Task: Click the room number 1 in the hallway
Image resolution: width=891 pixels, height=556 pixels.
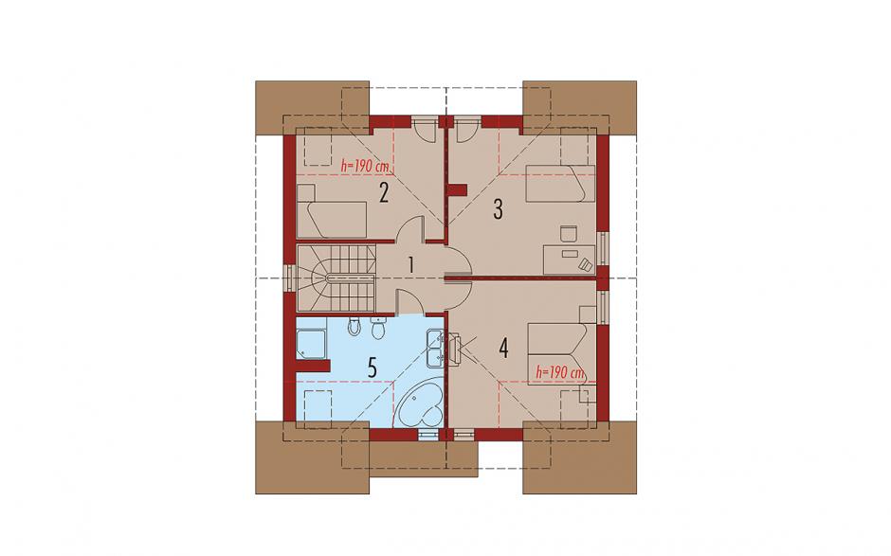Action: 410,265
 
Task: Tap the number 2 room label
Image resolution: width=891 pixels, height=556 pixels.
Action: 384,193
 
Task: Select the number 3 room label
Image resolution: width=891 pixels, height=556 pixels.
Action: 498,209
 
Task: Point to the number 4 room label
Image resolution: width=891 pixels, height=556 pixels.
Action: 503,348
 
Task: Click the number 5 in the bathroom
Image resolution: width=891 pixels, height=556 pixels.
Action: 373,368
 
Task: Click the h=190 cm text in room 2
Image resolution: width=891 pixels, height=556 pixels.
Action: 365,167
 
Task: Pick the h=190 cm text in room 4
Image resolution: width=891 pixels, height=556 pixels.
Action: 560,373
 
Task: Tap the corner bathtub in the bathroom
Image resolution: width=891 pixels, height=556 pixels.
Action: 419,405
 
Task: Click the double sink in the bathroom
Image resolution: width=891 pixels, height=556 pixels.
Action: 436,347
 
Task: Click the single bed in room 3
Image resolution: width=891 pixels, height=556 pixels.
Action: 560,184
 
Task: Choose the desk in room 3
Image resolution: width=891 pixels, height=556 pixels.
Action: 570,260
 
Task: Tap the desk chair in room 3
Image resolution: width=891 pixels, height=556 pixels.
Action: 568,234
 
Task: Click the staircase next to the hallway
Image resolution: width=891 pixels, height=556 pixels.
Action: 336,278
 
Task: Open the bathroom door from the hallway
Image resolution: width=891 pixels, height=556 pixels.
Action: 410,301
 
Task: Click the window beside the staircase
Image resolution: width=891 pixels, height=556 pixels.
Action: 290,278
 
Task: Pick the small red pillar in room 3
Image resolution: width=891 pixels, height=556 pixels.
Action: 457,189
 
